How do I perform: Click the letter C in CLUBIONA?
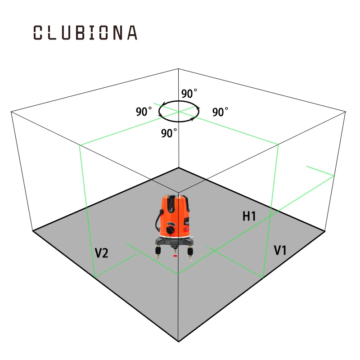click(x=38, y=32)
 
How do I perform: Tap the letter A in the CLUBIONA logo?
click(x=132, y=32)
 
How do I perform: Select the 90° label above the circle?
click(x=189, y=94)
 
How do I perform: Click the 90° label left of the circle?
click(x=144, y=112)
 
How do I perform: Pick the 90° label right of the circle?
click(x=220, y=112)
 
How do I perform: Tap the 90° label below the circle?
click(x=169, y=133)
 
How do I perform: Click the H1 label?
click(x=249, y=216)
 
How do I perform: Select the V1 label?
click(x=280, y=250)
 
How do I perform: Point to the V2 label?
click(x=101, y=253)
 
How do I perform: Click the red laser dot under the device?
click(x=175, y=256)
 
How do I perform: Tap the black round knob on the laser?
click(x=171, y=230)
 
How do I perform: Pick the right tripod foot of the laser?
click(x=190, y=253)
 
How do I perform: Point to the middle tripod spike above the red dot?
click(x=175, y=250)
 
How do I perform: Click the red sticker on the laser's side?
click(x=186, y=229)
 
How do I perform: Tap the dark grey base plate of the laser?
click(x=174, y=242)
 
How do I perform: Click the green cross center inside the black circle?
click(x=179, y=112)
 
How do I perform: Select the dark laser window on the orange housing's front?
click(x=171, y=204)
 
